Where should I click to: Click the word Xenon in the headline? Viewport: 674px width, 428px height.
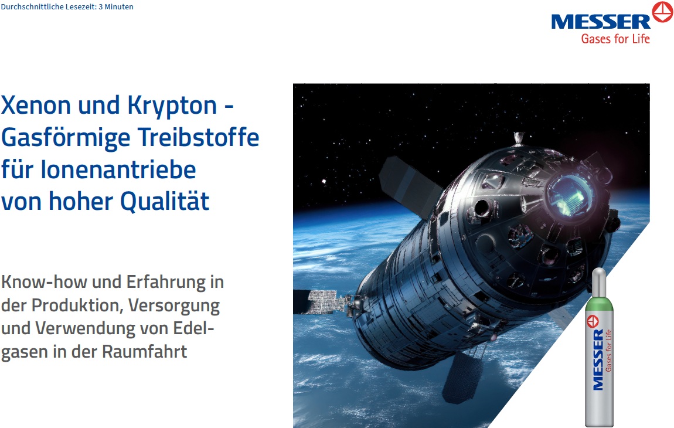click(36, 106)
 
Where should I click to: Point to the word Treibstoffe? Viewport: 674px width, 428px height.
click(199, 137)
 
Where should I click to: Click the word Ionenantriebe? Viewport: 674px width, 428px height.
click(118, 169)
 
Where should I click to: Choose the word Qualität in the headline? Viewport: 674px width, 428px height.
click(165, 201)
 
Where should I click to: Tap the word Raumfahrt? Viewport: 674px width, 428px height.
click(144, 351)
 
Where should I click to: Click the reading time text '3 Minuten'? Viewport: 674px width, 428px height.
click(116, 7)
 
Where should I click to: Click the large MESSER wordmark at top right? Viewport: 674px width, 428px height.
click(601, 22)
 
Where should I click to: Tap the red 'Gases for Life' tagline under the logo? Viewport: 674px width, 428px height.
click(615, 39)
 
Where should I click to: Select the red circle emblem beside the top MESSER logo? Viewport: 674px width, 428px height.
click(662, 12)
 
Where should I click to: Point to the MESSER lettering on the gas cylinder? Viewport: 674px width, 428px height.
click(598, 359)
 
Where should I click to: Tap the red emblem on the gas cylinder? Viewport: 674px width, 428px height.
click(593, 321)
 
